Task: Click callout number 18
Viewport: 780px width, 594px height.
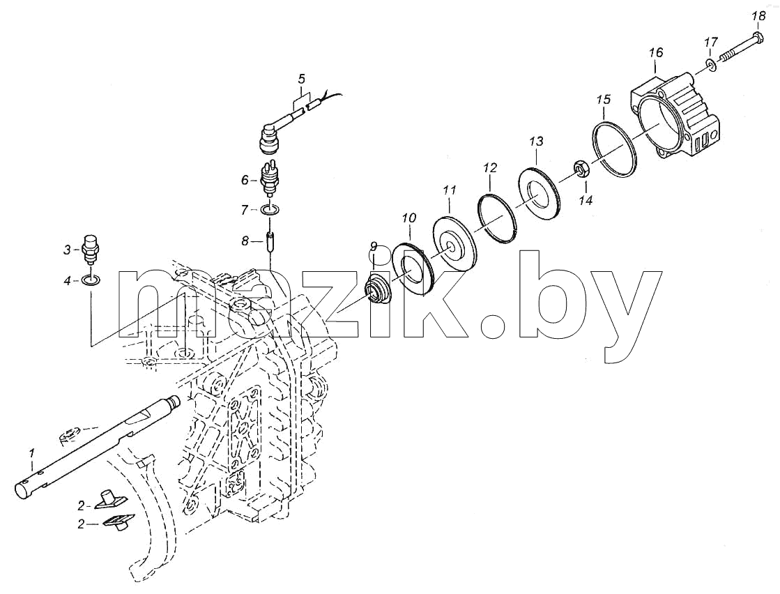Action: [758, 17]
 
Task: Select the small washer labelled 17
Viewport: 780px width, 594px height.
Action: [710, 64]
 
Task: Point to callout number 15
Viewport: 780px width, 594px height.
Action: [603, 100]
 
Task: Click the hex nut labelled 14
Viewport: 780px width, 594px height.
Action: [583, 169]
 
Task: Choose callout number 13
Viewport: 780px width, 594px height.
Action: [536, 142]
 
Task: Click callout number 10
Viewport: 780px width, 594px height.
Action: [409, 218]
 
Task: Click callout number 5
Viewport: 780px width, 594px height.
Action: [301, 79]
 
